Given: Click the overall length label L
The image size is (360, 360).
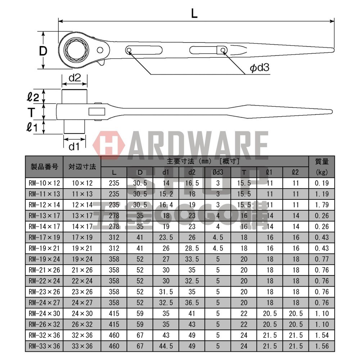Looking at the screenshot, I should (x=194, y=14).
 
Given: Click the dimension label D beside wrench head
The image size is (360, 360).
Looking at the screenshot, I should (x=43, y=51).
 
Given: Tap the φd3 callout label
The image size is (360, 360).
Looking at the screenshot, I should (x=260, y=68).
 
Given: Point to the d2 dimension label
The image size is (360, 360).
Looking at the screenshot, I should (x=74, y=77).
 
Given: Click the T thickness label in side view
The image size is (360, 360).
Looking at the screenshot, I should (x=32, y=112).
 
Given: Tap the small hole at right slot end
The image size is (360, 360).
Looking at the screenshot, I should (x=223, y=50).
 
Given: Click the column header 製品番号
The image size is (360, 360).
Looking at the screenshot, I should (x=44, y=167).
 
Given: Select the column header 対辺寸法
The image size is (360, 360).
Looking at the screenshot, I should (x=82, y=167).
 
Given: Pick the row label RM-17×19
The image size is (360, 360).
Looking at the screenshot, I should (x=44, y=237).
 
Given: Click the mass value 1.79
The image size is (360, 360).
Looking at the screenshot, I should (x=321, y=205).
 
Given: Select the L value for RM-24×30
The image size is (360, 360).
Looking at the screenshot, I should (x=114, y=313).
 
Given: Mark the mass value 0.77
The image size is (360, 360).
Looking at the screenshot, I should (x=321, y=259).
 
